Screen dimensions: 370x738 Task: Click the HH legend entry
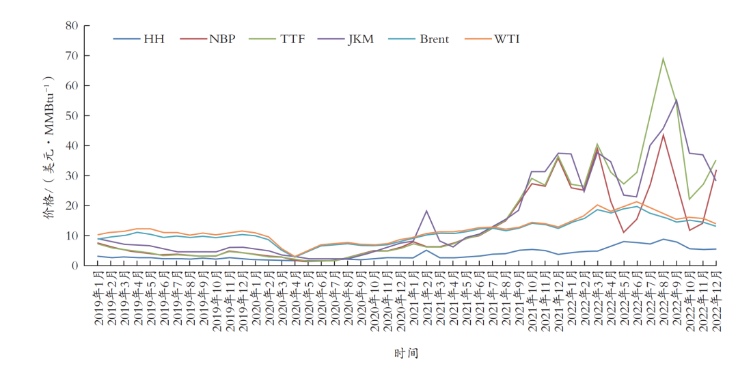[153, 39]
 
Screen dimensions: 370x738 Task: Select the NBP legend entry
[222, 39]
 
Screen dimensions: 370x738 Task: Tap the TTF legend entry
[292, 39]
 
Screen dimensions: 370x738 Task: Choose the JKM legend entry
[360, 39]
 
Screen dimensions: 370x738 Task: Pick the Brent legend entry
[434, 39]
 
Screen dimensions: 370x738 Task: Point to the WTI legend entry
[507, 39]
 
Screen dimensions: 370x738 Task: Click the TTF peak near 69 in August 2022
[663, 59]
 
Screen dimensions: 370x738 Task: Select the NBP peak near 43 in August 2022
[663, 134]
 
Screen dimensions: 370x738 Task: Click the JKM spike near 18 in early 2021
[426, 211]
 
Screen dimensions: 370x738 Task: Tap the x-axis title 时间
[406, 354]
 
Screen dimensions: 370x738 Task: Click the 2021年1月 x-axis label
[413, 300]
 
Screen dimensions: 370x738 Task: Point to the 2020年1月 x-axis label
[255, 300]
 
